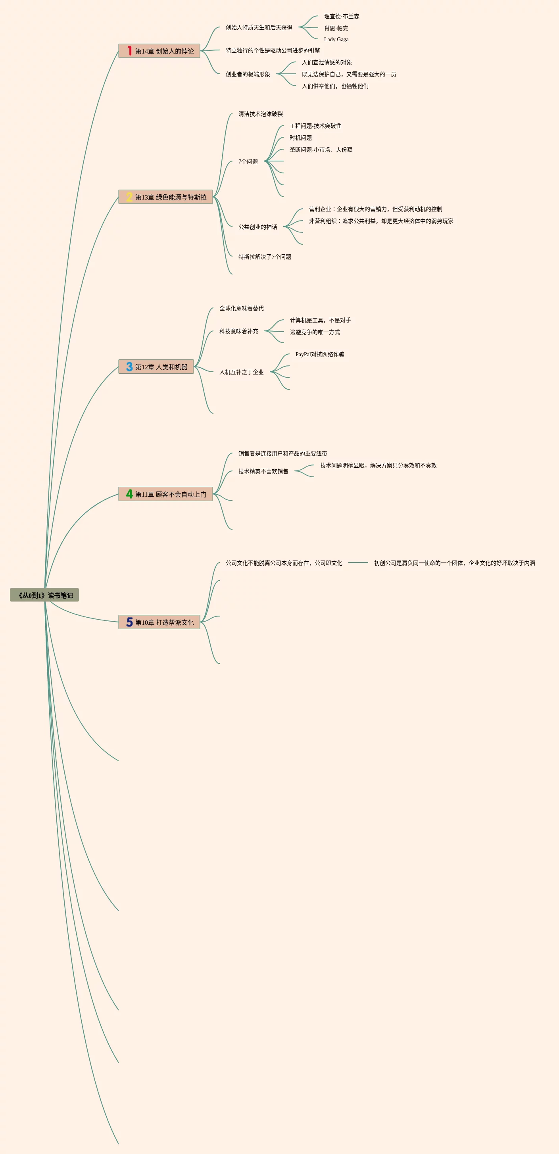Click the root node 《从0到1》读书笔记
(44, 595)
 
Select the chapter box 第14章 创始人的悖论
(159, 51)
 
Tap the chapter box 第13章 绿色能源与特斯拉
(165, 197)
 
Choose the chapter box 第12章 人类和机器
(156, 367)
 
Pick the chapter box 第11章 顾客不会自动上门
(165, 494)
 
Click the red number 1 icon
(129, 51)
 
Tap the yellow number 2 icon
(129, 197)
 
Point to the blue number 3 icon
(129, 367)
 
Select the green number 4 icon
(129, 494)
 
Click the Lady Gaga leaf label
(336, 39)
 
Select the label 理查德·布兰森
(341, 17)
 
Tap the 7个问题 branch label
(248, 162)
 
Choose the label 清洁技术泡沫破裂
(260, 114)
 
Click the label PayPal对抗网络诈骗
(319, 354)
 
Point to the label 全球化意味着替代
(242, 308)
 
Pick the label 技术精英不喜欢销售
(263, 471)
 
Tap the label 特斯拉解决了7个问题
(264, 257)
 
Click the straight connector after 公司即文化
(358, 563)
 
